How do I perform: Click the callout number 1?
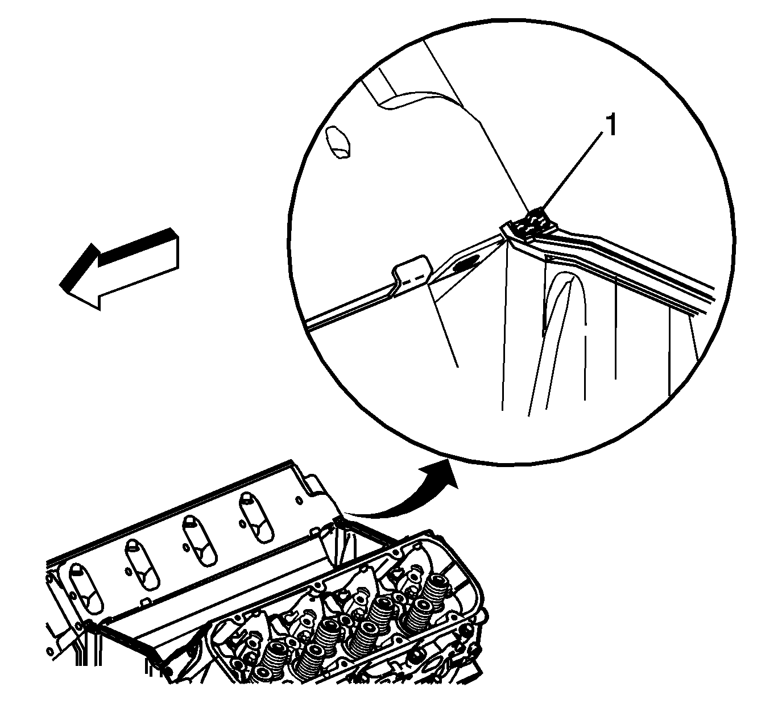(611, 126)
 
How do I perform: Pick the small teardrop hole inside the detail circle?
(338, 143)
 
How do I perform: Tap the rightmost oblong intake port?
(257, 518)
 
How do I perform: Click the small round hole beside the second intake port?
(129, 572)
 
